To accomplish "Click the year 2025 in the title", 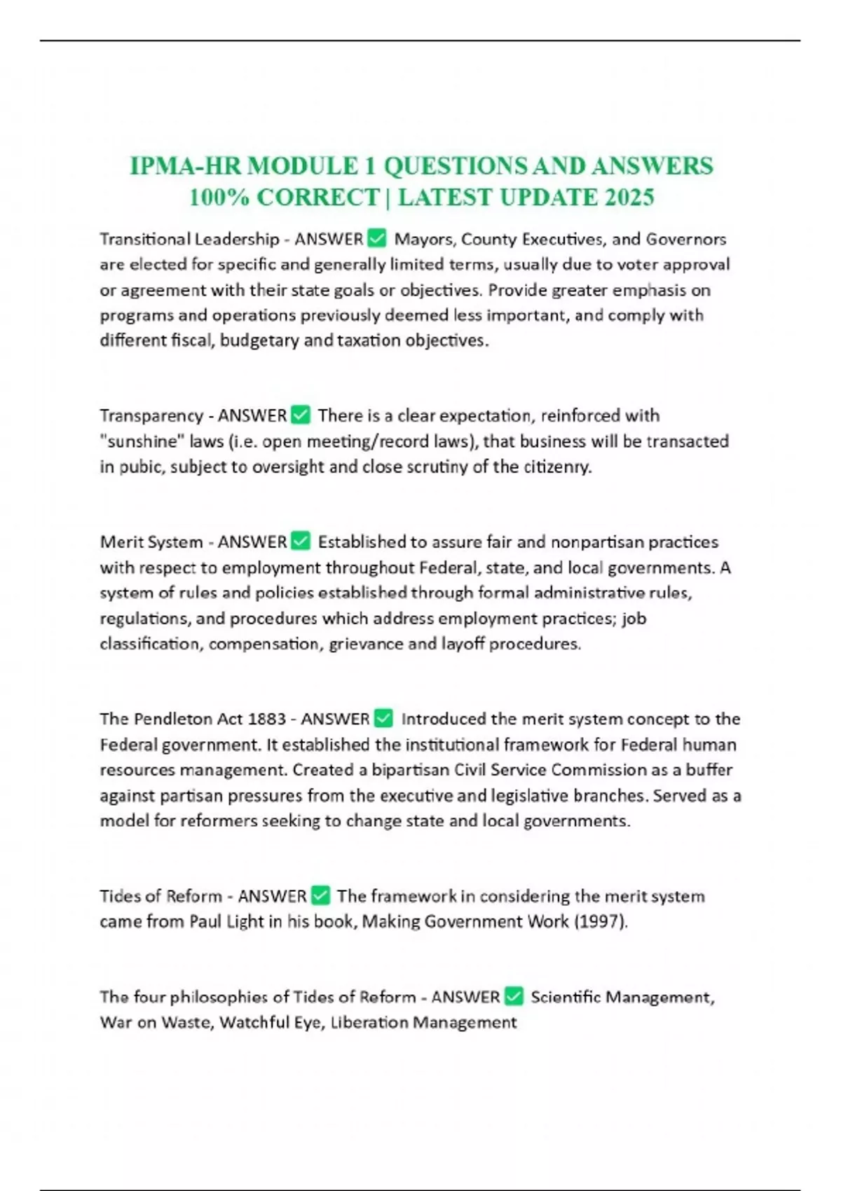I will point(629,198).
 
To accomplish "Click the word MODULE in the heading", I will point(302,166).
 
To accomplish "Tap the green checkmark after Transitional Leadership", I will point(376,239).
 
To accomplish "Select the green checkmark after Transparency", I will point(300,415).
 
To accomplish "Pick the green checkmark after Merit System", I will point(300,542).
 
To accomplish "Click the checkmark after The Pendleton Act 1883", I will point(383,719).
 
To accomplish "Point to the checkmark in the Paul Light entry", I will point(320,896).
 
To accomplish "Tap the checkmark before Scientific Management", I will point(514,997).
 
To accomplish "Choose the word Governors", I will point(685,239).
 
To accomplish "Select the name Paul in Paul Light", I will point(205,921).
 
